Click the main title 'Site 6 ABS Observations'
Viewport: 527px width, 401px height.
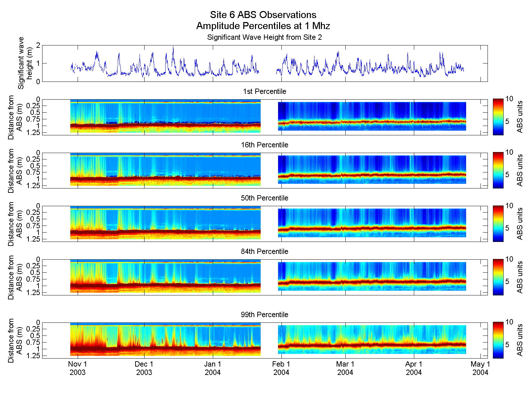[x=263, y=15]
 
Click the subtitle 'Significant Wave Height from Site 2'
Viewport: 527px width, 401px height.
[x=264, y=37]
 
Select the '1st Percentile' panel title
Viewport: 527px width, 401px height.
[x=264, y=92]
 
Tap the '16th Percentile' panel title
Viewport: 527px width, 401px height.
[x=264, y=145]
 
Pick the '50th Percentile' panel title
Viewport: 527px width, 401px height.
[x=264, y=198]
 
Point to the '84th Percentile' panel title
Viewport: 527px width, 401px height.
[x=264, y=252]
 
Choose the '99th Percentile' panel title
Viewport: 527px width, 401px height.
[x=264, y=315]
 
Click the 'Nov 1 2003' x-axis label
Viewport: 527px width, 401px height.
[x=78, y=368]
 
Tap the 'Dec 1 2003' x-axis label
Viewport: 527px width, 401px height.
[x=144, y=368]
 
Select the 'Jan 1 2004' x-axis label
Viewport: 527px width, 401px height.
[x=213, y=368]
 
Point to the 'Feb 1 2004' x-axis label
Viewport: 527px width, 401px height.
[x=281, y=368]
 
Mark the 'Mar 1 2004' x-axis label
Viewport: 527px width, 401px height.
[x=345, y=368]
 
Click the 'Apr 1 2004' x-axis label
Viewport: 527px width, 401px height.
[x=414, y=368]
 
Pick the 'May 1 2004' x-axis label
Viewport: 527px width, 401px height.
[x=480, y=368]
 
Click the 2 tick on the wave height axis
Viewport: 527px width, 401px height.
[x=38, y=45]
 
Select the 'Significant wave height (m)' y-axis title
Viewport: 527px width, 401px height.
[x=25, y=63]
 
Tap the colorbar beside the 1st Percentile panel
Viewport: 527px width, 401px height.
[x=498, y=117]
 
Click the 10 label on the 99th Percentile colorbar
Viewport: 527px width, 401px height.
[x=509, y=322]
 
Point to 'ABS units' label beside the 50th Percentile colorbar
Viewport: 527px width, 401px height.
[x=520, y=224]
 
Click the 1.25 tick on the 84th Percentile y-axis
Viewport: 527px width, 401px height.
[x=33, y=293]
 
